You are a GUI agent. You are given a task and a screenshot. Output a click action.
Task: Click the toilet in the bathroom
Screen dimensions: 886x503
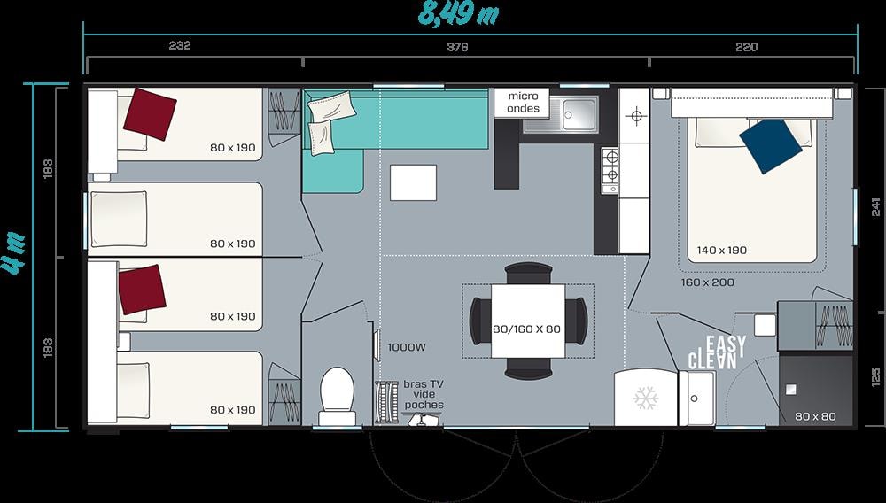(x=338, y=396)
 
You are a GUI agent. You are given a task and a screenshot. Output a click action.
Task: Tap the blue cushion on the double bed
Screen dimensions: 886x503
(x=770, y=145)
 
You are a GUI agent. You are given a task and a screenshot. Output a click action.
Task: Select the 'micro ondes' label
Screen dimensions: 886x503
(x=523, y=102)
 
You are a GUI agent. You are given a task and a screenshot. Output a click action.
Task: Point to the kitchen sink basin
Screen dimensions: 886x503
(x=579, y=114)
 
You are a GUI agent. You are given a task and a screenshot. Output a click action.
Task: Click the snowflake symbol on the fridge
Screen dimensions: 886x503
(x=646, y=398)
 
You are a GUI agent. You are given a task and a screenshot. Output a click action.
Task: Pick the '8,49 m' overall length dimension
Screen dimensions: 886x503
(x=458, y=13)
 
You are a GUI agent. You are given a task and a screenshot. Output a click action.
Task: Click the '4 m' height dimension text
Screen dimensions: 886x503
(x=14, y=253)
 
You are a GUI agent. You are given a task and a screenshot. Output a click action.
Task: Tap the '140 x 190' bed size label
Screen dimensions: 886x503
(x=721, y=250)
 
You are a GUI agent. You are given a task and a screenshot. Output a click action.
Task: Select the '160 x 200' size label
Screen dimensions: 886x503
(x=707, y=282)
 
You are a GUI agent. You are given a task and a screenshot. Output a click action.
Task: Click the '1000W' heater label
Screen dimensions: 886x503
(x=407, y=347)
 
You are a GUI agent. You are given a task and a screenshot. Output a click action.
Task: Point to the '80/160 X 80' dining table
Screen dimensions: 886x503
(x=528, y=321)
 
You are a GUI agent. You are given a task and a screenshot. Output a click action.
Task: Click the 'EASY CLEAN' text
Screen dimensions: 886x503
(x=717, y=352)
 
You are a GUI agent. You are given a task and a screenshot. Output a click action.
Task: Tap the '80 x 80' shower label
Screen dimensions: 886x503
(x=815, y=416)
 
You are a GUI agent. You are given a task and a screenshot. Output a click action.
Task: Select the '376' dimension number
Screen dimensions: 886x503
(x=458, y=47)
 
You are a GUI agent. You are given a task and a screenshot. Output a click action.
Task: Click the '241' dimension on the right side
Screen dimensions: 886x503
(x=876, y=207)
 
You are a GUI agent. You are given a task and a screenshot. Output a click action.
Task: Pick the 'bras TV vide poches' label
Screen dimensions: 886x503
(x=424, y=395)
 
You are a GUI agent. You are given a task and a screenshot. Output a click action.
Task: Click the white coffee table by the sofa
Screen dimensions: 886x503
(x=413, y=182)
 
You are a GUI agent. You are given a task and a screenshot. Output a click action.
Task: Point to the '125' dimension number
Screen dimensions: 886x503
(x=876, y=377)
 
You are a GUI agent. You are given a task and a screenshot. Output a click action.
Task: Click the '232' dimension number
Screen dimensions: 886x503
(x=180, y=46)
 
